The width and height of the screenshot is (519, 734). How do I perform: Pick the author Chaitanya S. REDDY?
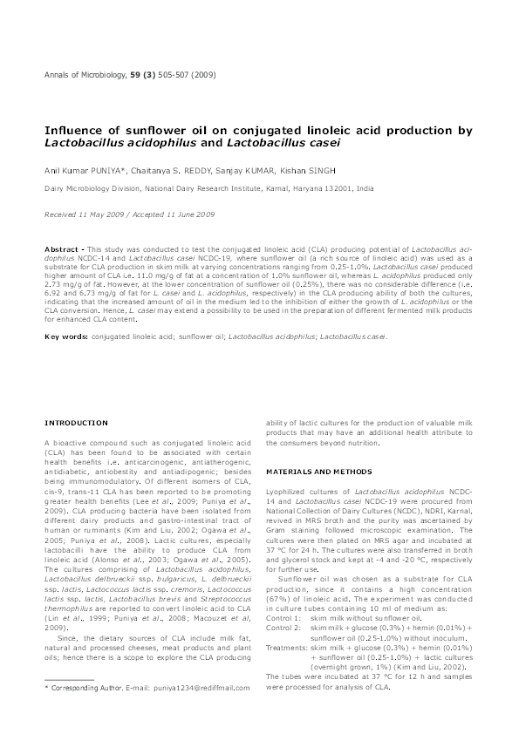pyautogui.click(x=174, y=170)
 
